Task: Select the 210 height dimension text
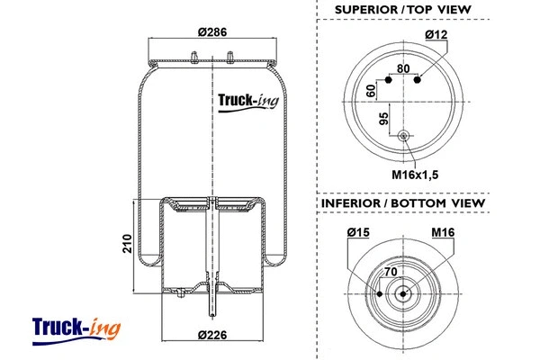pyautogui.click(x=129, y=244)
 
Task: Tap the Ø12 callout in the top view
pyautogui.click(x=438, y=35)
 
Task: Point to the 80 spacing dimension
pyautogui.click(x=402, y=67)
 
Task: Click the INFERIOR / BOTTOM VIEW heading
pyautogui.click(x=403, y=204)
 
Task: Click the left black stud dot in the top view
pyautogui.click(x=389, y=79)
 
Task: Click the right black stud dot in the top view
pyautogui.click(x=418, y=79)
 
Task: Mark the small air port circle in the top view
pyautogui.click(x=403, y=136)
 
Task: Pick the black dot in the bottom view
pyautogui.click(x=381, y=293)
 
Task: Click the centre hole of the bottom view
pyautogui.click(x=403, y=293)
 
